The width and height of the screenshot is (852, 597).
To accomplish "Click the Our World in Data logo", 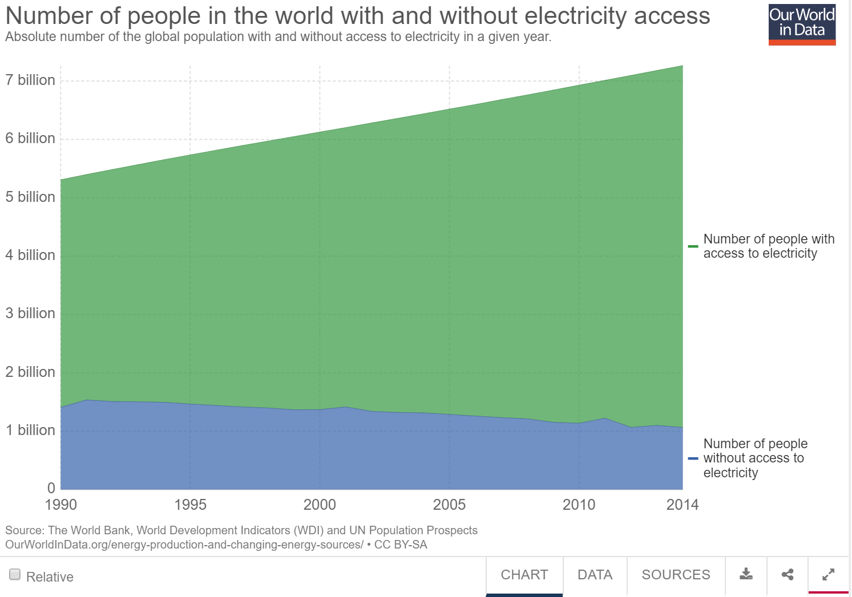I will coord(802,25).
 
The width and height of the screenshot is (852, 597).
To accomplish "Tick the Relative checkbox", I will coord(15,574).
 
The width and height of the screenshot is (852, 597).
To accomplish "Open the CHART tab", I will coord(524,575).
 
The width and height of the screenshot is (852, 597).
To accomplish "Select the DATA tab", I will coord(595,575).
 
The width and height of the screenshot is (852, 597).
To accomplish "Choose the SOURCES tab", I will coord(676,575).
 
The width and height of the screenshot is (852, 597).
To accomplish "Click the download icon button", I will coord(746,574).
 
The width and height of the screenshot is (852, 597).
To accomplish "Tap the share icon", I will coord(788,574).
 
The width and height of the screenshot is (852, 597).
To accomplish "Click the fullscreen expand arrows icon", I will coord(829,574).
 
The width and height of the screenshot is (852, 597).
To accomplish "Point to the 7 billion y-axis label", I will coord(30,80).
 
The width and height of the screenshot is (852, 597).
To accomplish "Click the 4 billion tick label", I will coord(30,255).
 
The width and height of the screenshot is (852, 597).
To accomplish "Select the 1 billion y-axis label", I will coord(30,430).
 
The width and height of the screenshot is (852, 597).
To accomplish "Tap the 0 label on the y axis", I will coord(51,488).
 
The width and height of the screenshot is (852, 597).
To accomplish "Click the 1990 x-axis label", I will coord(60,505).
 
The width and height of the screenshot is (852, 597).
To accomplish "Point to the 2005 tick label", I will coord(449,505).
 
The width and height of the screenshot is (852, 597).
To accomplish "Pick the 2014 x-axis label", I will coord(682,505).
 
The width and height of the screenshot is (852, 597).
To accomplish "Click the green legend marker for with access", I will coord(693,246).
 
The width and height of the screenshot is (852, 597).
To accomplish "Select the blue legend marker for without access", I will coord(693,458).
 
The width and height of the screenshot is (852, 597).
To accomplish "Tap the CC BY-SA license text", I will coord(401,545).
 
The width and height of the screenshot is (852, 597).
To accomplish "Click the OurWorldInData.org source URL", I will coord(184,545).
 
